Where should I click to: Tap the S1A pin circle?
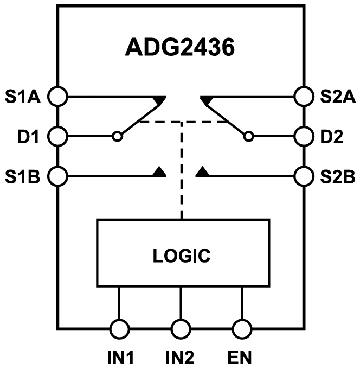(x=57, y=97)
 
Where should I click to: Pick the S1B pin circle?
(x=57, y=175)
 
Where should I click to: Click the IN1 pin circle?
(x=119, y=328)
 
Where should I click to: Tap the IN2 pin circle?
(x=181, y=328)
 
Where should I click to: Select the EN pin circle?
(x=242, y=328)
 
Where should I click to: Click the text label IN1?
(x=119, y=358)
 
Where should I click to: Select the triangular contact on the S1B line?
(x=159, y=172)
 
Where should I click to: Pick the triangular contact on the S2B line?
(x=202, y=172)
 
